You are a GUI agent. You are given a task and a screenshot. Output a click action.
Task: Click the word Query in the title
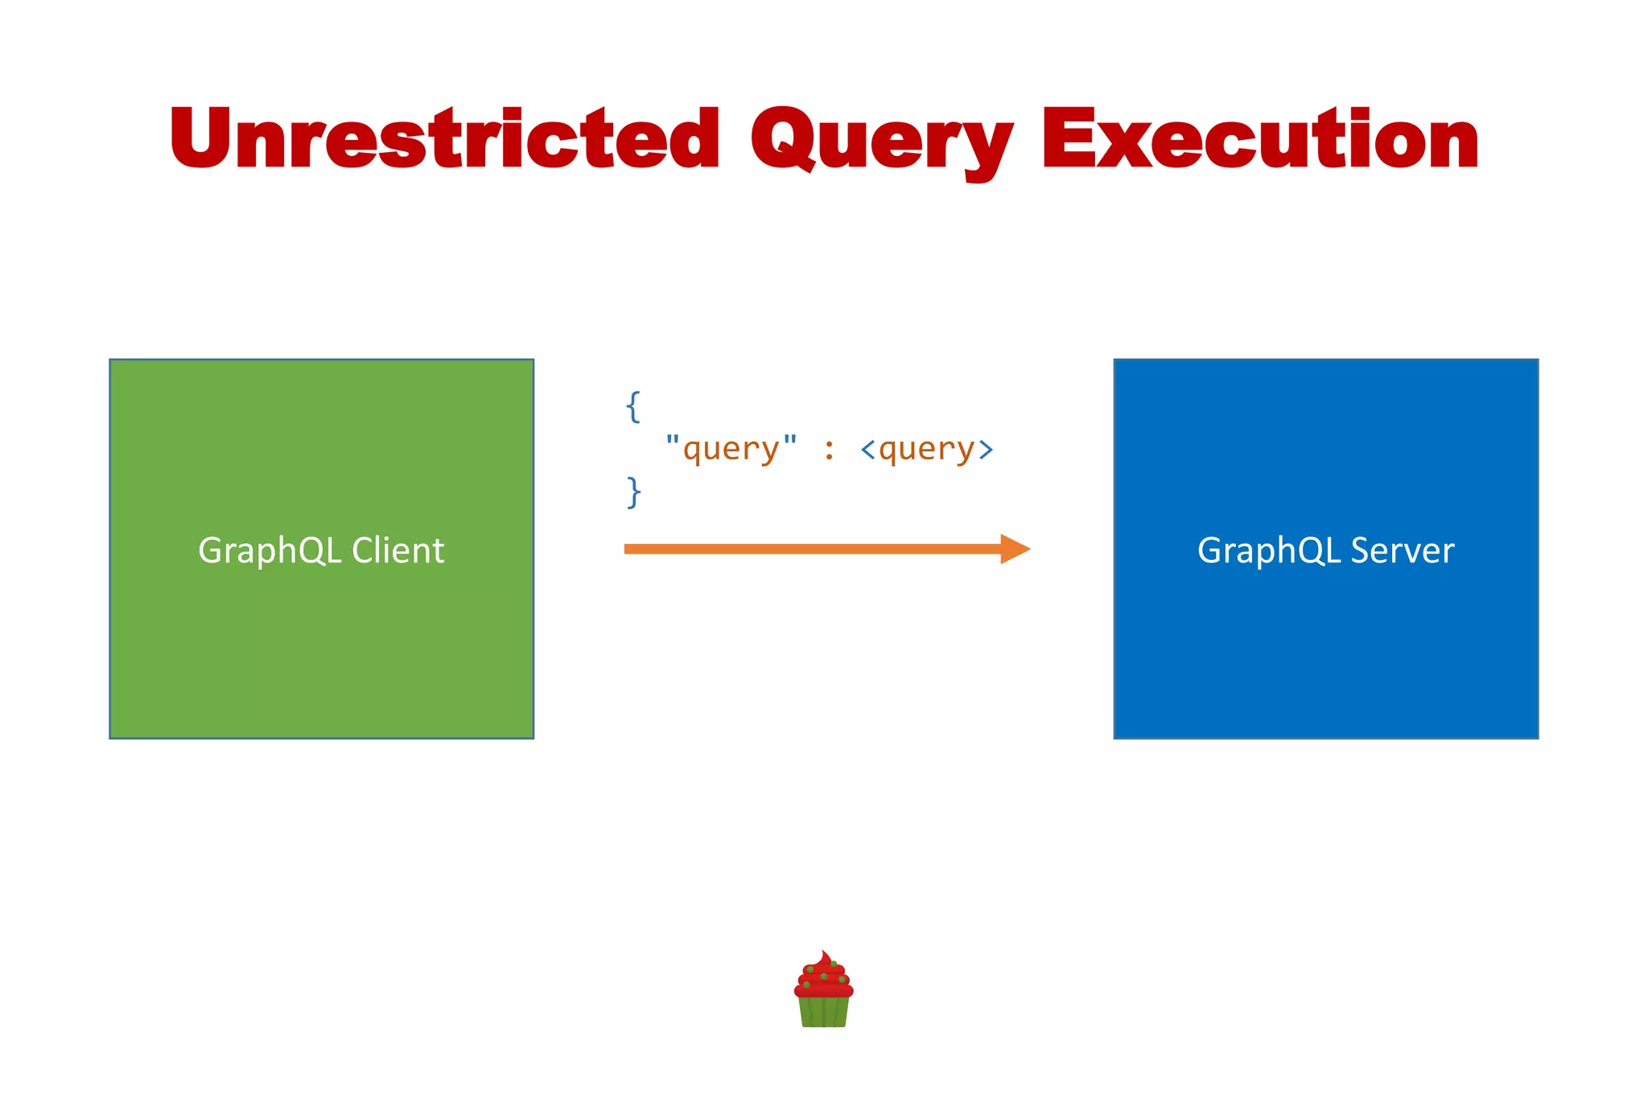pyautogui.click(x=881, y=143)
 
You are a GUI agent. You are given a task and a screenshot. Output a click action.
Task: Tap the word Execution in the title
pyautogui.click(x=1260, y=141)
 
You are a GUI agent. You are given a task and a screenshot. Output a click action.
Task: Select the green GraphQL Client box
pyautogui.click(x=321, y=644)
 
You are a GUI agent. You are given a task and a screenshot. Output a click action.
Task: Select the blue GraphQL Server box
pyautogui.click(x=1325, y=644)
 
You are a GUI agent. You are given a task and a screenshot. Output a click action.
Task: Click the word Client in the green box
pyautogui.click(x=398, y=551)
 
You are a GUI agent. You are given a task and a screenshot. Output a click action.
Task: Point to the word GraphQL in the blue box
pyautogui.click(x=1269, y=552)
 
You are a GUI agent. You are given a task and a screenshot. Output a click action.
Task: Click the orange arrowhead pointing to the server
pyautogui.click(x=1014, y=549)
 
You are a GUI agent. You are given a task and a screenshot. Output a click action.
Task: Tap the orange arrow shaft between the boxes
pyautogui.click(x=805, y=549)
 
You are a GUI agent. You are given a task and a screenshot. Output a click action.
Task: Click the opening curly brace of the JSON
pyautogui.click(x=633, y=407)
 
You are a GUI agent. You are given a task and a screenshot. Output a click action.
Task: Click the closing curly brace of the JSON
pyautogui.click(x=633, y=491)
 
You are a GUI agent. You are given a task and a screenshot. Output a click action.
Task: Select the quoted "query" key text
pyautogui.click(x=731, y=449)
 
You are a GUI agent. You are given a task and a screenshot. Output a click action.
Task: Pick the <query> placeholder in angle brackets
pyautogui.click(x=926, y=449)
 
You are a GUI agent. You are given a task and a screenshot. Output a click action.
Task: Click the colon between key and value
pyautogui.click(x=829, y=449)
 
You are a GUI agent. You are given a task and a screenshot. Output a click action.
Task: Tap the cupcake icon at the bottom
pyautogui.click(x=823, y=991)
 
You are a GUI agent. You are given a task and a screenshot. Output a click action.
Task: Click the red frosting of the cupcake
pyautogui.click(x=823, y=977)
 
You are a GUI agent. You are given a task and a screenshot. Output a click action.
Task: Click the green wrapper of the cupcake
pyautogui.click(x=823, y=1012)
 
